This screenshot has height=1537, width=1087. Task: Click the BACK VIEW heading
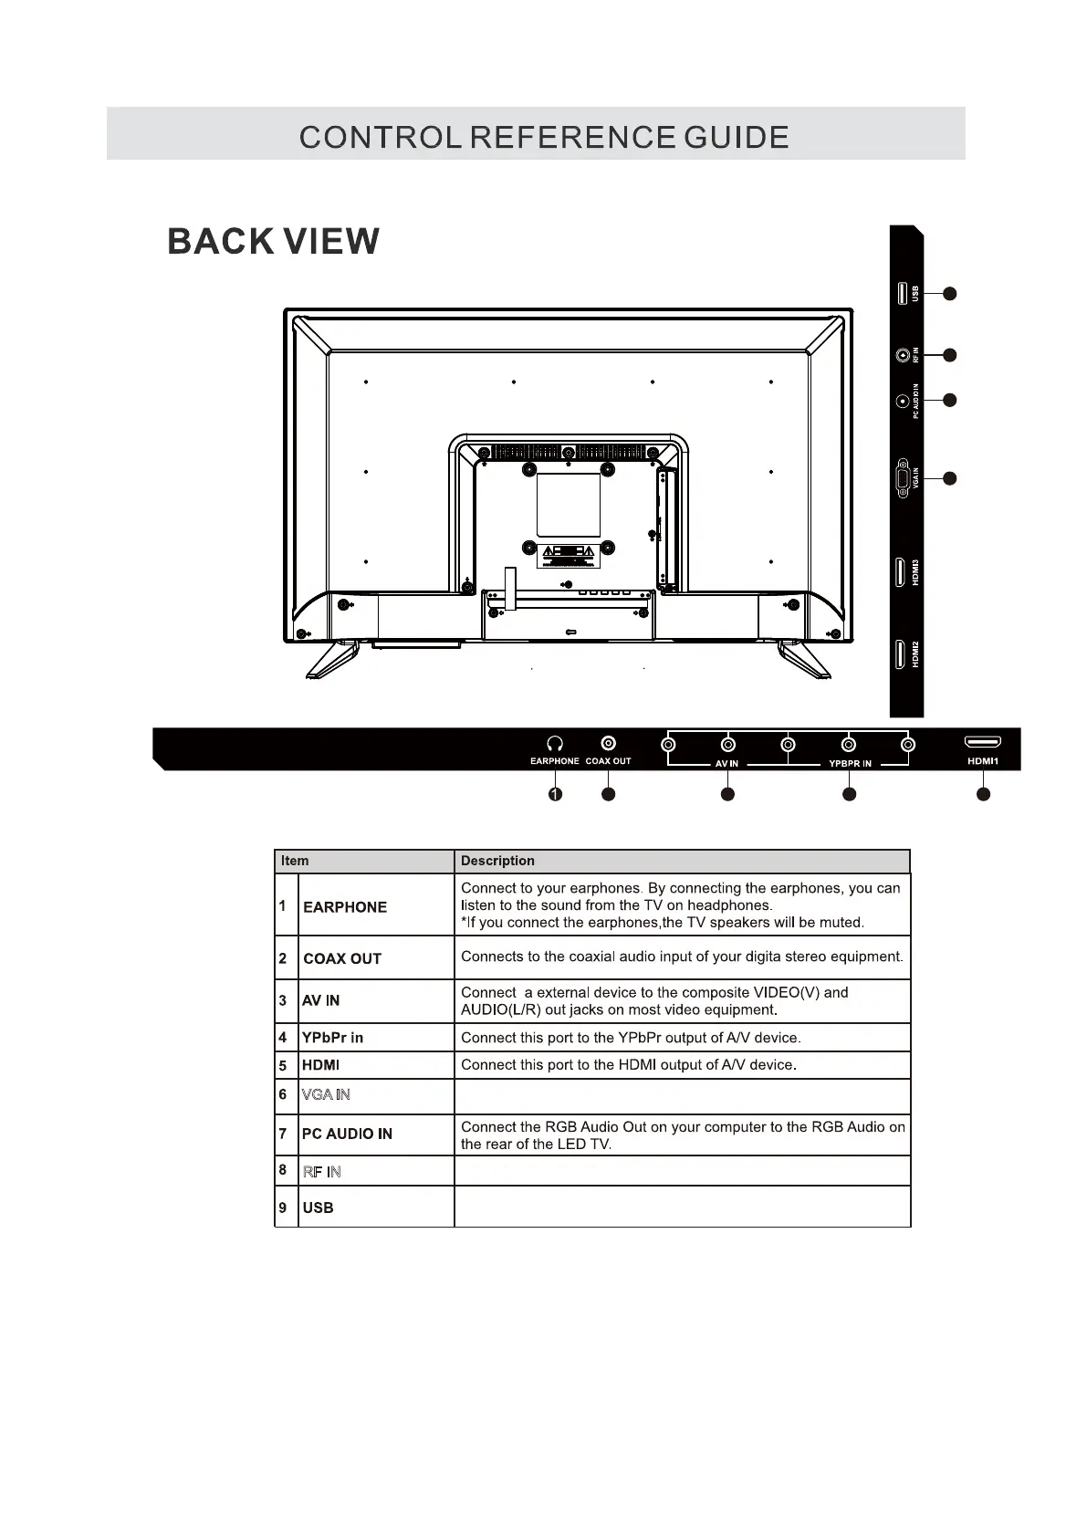pos(273,242)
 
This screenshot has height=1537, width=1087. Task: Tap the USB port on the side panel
pos(901,293)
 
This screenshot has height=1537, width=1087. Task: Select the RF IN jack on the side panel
pos(903,355)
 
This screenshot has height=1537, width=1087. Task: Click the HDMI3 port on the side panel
pos(901,572)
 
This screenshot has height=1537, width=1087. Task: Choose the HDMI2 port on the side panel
pos(901,654)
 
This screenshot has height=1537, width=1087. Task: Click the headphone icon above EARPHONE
pos(554,745)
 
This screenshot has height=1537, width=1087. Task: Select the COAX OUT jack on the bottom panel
pos(608,745)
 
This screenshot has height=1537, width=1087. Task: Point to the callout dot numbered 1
pos(555,795)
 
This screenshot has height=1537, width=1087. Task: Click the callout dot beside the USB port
pos(949,293)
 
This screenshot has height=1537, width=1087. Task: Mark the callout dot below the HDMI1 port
pos(983,795)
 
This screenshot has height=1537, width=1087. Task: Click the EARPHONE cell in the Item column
pos(345,907)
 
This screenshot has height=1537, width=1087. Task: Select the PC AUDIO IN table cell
pos(347,1134)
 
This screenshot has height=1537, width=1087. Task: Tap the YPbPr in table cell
pos(332,1038)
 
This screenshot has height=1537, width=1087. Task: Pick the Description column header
pos(497,861)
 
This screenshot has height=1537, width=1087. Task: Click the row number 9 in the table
pos(283,1208)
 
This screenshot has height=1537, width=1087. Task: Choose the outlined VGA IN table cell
pos(326,1094)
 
